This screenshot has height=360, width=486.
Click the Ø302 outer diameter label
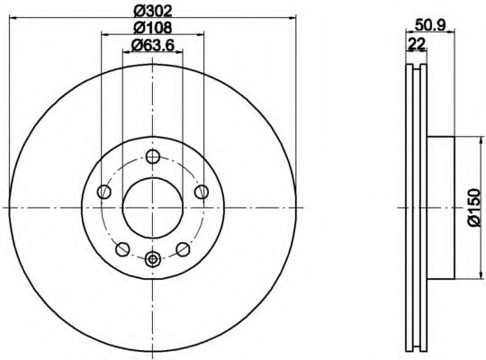[151, 11]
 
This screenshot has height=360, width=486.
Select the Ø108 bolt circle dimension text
[151, 27]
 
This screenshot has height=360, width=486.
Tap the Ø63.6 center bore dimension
[151, 44]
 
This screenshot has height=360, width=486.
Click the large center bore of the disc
[151, 207]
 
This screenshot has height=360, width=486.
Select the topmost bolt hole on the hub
[152, 159]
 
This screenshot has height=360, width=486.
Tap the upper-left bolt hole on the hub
[104, 192]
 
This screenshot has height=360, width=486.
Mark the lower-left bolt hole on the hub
[122, 248]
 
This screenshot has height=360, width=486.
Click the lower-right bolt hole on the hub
[182, 248]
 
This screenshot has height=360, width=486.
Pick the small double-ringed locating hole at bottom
[152, 260]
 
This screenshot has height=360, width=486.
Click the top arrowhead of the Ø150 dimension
[466, 139]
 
